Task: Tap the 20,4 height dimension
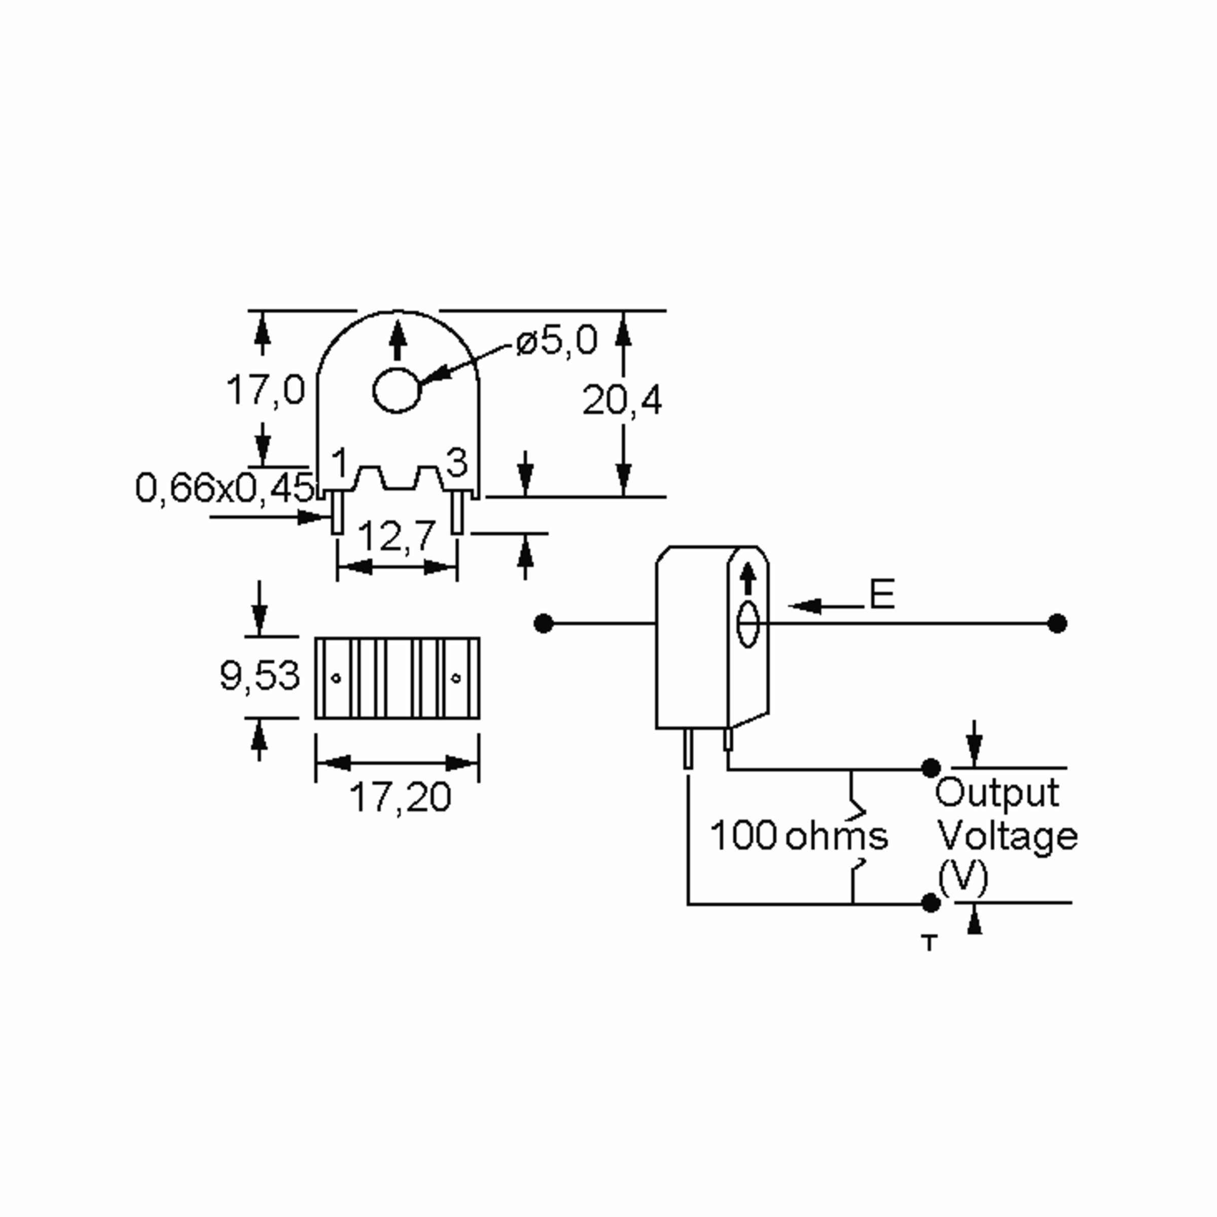pos(622,400)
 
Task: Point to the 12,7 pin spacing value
pos(397,536)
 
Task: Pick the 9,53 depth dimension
pos(260,675)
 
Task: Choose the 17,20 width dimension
pos(401,797)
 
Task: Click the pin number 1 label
pos(340,463)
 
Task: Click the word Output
pos(996,793)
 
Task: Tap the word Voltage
pos(1007,837)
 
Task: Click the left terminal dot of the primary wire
pos(543,624)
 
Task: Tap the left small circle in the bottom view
pos(336,678)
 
